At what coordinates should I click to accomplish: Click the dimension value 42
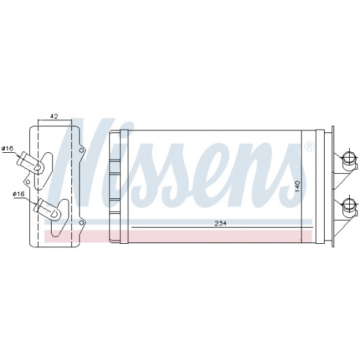point(54,116)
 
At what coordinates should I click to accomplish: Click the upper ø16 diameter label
point(7,149)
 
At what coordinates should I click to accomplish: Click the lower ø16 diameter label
point(18,194)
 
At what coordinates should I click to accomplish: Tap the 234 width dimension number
point(220,223)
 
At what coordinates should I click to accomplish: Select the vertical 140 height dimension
point(298,186)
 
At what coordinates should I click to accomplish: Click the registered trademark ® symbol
point(309,147)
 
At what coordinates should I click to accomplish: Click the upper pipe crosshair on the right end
point(348,158)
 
